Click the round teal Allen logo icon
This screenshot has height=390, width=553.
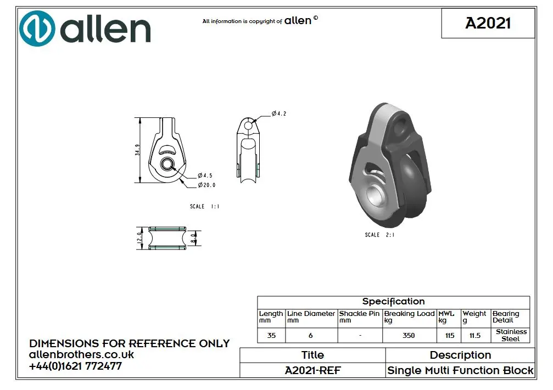pos(37,29)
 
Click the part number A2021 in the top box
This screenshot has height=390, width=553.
pos(488,23)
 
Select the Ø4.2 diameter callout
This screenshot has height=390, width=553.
pos(279,114)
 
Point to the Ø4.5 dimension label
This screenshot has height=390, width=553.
pos(205,176)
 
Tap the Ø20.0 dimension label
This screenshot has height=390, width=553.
pos(206,185)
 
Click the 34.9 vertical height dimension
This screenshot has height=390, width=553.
pos(137,150)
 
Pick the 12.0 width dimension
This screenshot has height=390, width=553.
pos(139,238)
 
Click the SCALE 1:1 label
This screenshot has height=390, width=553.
pos(204,206)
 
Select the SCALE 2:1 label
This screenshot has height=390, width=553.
pos(380,235)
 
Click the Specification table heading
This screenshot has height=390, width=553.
pos(394,302)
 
